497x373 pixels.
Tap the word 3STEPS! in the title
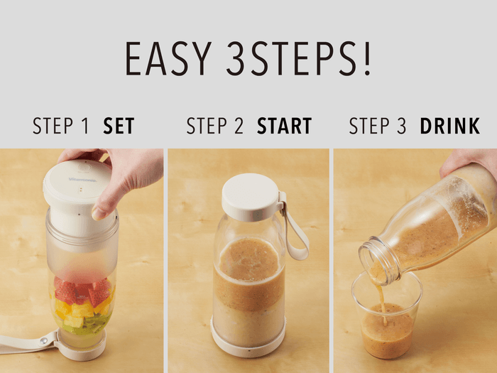pyautogui.click(x=298, y=58)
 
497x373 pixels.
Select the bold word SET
pyautogui.click(x=119, y=126)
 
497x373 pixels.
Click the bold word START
pyautogui.click(x=284, y=126)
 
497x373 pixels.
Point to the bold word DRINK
pyautogui.click(x=449, y=126)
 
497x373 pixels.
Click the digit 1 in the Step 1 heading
pyautogui.click(x=84, y=126)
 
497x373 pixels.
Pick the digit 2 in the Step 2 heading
pyautogui.click(x=239, y=126)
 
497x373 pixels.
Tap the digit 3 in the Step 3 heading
pyautogui.click(x=401, y=126)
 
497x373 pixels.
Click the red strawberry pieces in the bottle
pyautogui.click(x=83, y=291)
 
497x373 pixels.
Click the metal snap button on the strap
pyautogui.click(x=43, y=341)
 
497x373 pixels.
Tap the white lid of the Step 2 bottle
pyautogui.click(x=251, y=197)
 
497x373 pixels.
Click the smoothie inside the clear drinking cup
pyautogui.click(x=387, y=332)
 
